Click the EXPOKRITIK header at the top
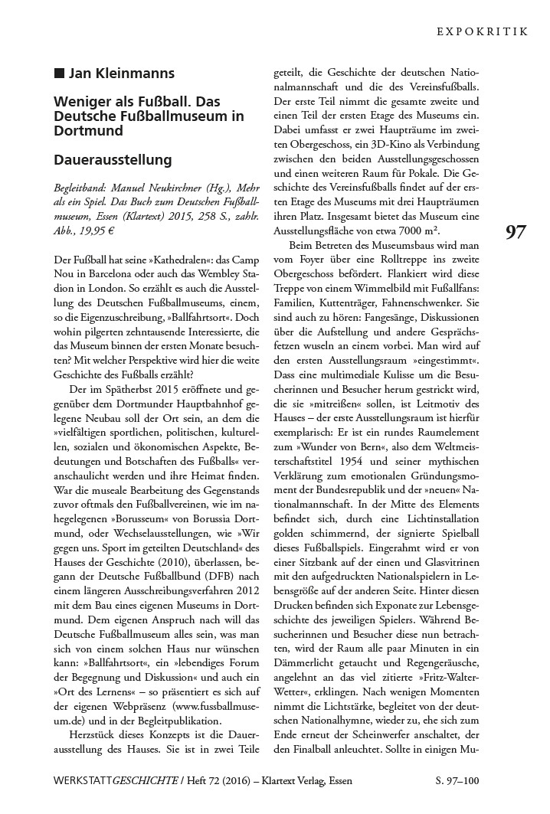tap(483, 32)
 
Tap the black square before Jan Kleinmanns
tap(59, 74)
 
